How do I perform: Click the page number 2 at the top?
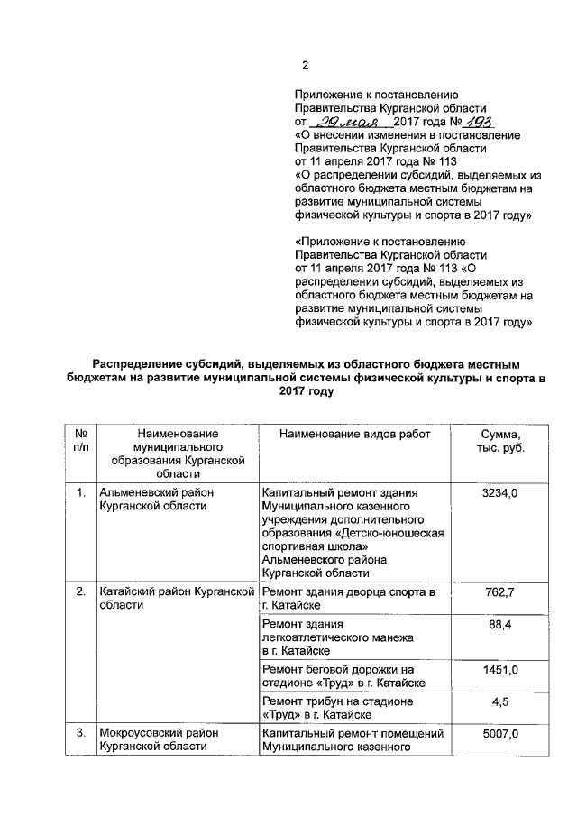[x=304, y=65]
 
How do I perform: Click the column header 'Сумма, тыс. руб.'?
[x=500, y=441]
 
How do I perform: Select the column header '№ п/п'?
[x=81, y=441]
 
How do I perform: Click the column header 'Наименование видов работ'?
[x=355, y=435]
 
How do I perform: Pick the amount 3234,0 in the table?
[x=500, y=493]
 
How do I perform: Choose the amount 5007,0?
[x=500, y=736]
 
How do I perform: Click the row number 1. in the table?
[x=81, y=493]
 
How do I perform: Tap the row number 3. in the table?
[x=81, y=736]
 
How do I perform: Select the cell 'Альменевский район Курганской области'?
[x=153, y=500]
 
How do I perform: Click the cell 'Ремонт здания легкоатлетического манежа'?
[x=337, y=637]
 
